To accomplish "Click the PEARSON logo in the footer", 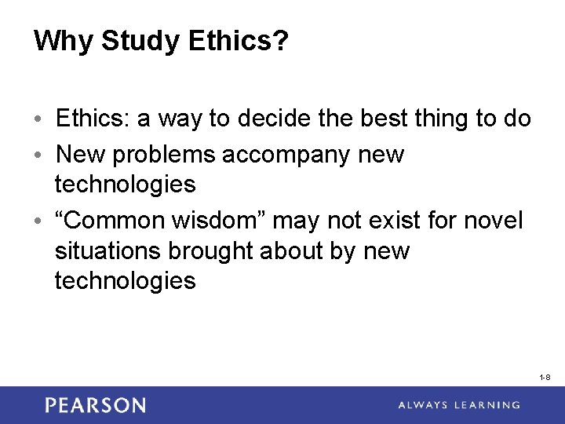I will click(95, 405).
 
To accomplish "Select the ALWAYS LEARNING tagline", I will click(459, 405).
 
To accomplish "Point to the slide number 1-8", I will click(545, 378).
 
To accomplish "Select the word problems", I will click(166, 154).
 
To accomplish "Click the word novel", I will click(493, 221).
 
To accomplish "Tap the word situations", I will click(106, 250).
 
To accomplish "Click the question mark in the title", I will click(280, 41).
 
